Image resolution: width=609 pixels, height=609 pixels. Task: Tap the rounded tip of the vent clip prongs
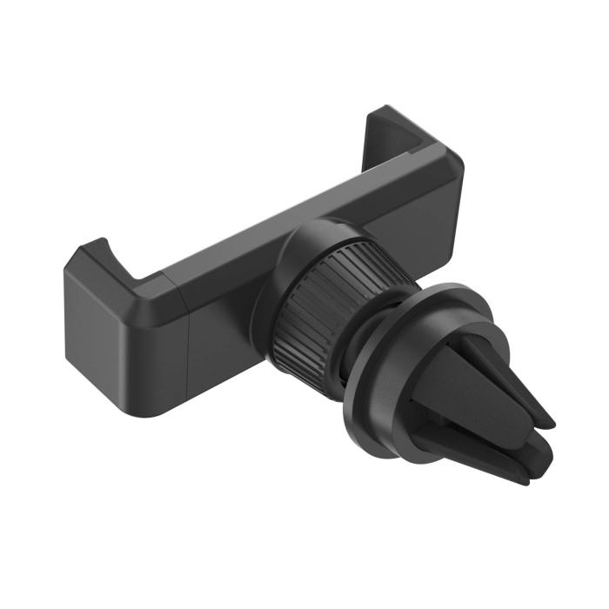(x=544, y=422)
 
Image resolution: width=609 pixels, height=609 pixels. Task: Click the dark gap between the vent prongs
(x=513, y=431)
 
